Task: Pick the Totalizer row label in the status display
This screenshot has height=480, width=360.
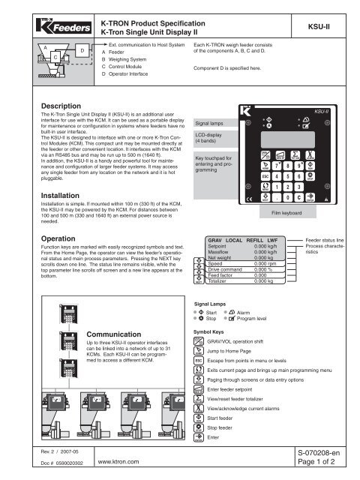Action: [223, 281]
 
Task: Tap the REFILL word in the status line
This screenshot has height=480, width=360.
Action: [265, 239]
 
